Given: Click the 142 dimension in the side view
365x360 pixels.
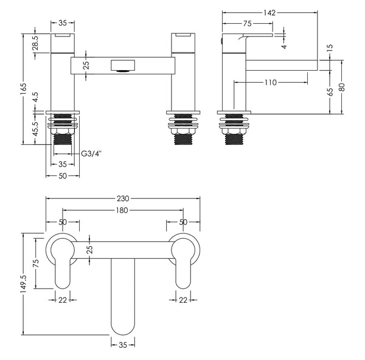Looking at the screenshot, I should (x=269, y=12).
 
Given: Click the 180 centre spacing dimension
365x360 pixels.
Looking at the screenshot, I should (x=122, y=211).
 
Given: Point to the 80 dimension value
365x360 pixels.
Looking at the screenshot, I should (x=342, y=86).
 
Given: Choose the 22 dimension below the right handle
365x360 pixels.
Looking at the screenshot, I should (x=182, y=299).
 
